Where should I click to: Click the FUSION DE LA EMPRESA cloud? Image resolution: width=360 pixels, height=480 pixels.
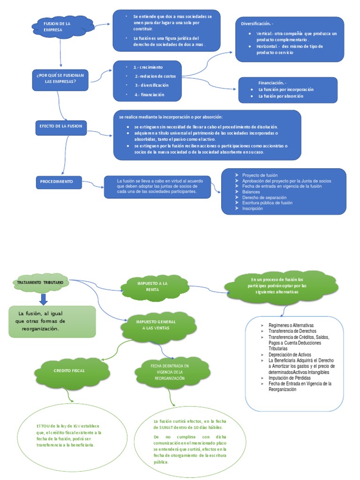[61, 26]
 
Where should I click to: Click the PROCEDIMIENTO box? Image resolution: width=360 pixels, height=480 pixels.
[59, 182]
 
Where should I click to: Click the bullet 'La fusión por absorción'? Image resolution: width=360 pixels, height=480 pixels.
[281, 96]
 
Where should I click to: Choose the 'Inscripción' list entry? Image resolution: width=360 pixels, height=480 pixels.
[252, 209]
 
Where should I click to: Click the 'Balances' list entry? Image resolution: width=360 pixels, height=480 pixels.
[251, 192]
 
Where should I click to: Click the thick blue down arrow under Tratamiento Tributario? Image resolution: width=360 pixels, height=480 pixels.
[44, 299]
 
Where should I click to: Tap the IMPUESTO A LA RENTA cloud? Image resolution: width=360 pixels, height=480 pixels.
[151, 287]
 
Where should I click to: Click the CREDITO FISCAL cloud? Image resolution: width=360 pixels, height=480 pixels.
[69, 370]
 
